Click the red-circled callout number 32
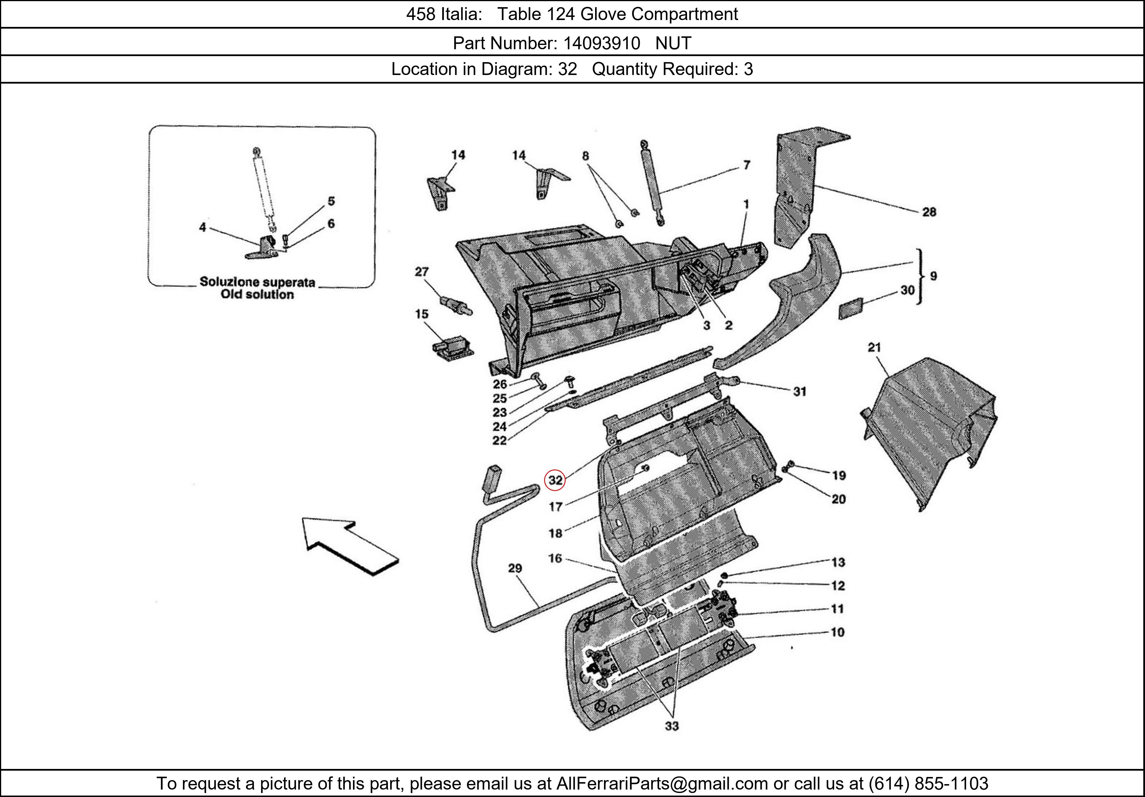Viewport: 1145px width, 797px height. click(555, 480)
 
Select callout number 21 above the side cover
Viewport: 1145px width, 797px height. click(874, 347)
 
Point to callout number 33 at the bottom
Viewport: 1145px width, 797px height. click(672, 726)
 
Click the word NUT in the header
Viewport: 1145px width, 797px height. click(673, 44)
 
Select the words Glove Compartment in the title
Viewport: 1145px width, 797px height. click(659, 14)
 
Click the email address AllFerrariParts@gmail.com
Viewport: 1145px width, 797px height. click(662, 784)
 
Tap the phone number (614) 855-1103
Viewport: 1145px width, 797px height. click(928, 784)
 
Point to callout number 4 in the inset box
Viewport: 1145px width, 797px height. click(202, 227)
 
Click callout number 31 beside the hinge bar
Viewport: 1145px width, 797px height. click(799, 392)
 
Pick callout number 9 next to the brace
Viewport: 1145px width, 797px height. click(933, 276)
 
